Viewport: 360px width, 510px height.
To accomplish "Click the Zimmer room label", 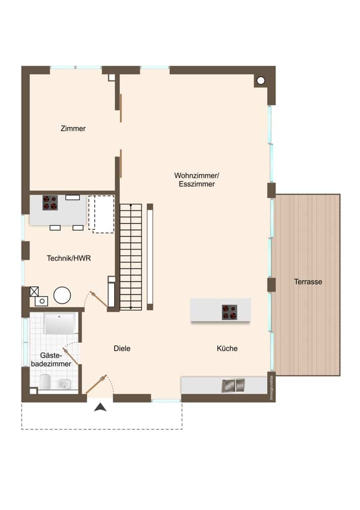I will click(73, 129).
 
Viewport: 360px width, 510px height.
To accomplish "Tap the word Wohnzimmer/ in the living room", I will click(196, 175).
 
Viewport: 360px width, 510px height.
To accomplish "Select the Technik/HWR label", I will click(69, 259).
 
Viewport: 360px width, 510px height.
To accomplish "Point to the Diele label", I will click(122, 349).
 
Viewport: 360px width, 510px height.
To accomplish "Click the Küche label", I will click(227, 349).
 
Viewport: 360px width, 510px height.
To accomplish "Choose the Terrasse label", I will click(308, 282).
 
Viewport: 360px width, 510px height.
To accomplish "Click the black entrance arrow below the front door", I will click(101, 407).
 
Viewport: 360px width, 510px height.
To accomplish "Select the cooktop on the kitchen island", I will click(229, 312).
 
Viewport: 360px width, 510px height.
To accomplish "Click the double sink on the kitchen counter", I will click(233, 386).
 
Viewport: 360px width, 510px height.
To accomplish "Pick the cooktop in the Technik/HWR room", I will click(50, 202).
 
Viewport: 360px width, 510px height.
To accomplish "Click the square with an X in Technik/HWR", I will click(34, 291).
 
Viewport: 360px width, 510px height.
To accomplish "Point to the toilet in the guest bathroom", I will click(45, 381).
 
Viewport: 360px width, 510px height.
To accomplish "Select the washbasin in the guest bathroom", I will click(64, 384).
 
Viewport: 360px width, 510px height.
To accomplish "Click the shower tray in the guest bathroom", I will click(60, 323).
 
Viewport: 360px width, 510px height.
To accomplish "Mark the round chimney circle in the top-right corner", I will click(261, 80).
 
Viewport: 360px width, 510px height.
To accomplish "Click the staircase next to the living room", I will click(131, 257).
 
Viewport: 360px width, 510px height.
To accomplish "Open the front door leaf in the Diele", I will click(96, 385).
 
